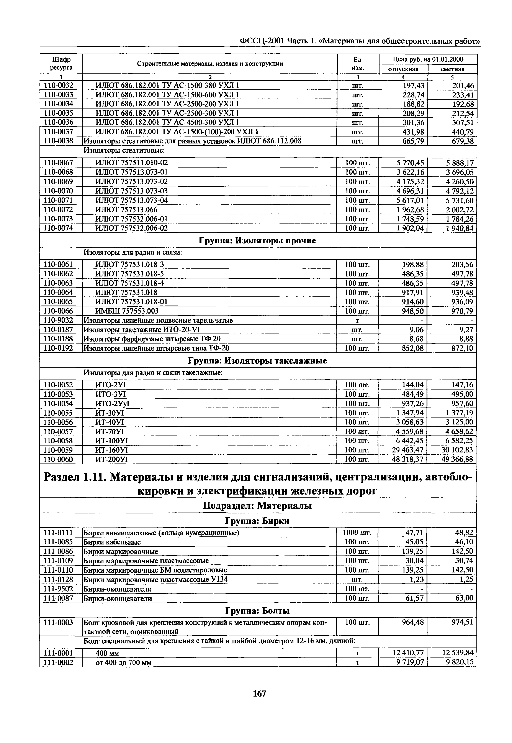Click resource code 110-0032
pos(58,85)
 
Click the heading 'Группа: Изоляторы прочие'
pos(258,241)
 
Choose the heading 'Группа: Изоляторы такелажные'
pos(258,361)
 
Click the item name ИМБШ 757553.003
pos(127,311)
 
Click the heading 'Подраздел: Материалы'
pos(258,506)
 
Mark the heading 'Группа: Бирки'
pos(258,521)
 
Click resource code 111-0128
pos(58,580)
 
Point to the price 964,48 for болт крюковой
pos(412,622)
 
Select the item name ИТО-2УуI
pos(112,403)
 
